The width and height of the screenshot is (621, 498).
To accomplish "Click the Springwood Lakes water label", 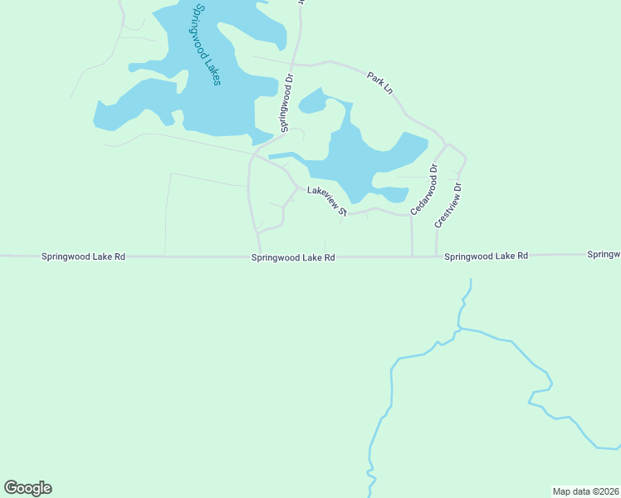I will [x=205, y=45].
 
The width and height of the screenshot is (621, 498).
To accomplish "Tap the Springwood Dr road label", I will [x=287, y=104].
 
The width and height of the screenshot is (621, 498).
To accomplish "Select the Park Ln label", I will [x=380, y=82].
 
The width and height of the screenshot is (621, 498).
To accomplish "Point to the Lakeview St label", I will [x=326, y=202].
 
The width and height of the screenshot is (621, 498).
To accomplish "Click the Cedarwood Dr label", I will [x=423, y=190].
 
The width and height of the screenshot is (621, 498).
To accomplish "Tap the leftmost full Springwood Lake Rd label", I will [x=83, y=257].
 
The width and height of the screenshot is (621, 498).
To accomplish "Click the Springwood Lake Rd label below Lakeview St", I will [x=293, y=258].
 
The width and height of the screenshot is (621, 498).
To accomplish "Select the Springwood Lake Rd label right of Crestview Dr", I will [x=486, y=256].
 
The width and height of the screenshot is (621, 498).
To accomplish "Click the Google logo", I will [x=27, y=488].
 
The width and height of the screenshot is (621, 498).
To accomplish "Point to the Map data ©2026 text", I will [x=585, y=491].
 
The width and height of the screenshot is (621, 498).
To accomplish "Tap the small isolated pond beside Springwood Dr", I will [x=312, y=101].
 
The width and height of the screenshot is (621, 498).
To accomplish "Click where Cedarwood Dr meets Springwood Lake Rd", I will [x=413, y=256].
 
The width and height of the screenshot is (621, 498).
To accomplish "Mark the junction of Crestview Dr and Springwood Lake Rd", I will [x=437, y=256].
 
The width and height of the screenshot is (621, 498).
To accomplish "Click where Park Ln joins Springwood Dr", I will [x=292, y=63].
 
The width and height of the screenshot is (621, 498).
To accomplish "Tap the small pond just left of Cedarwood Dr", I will [x=392, y=194].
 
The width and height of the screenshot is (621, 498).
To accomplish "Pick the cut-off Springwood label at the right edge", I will [x=604, y=254].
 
